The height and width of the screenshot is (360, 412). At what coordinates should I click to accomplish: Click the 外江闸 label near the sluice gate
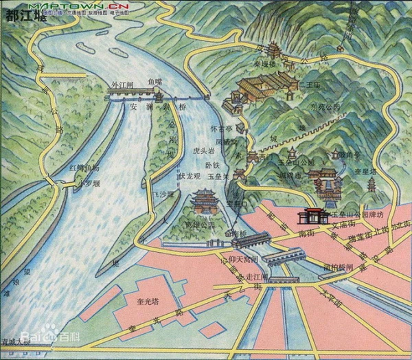pyautogui.click(x=122, y=86)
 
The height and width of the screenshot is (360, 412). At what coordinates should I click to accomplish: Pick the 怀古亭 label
pyautogui.click(x=218, y=128)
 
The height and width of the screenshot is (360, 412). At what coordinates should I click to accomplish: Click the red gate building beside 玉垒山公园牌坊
pyautogui.click(x=312, y=216)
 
